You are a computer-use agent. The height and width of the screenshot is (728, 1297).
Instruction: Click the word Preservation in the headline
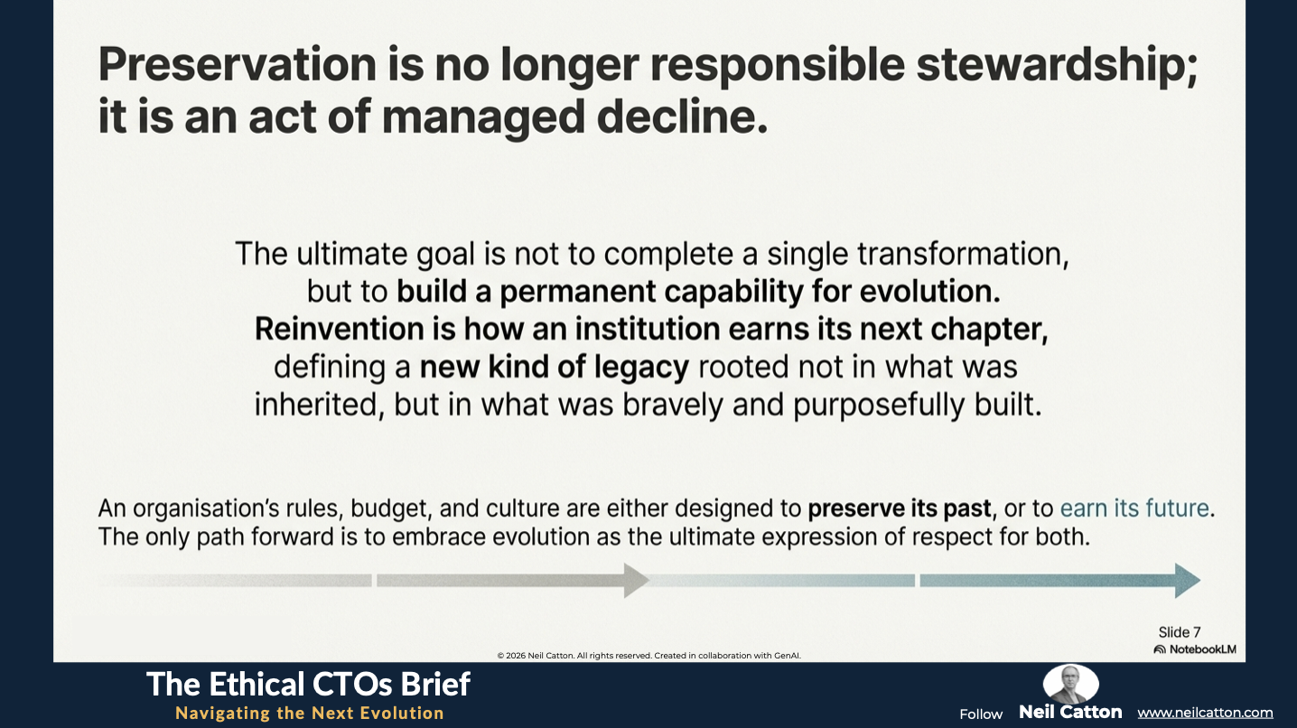pos(238,64)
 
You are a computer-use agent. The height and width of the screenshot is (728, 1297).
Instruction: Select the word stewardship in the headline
pos(1057,66)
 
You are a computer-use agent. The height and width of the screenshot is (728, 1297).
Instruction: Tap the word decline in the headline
pos(682,117)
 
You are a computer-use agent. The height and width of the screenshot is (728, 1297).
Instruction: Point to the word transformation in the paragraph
pos(963,254)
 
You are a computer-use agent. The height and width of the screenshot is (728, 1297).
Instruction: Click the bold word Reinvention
pos(339,329)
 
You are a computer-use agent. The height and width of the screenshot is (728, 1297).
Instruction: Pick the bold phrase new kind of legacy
pos(555,368)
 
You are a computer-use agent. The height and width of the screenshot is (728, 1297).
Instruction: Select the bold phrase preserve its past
pos(900,509)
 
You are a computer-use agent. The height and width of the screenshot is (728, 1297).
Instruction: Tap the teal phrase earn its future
pos(1134,508)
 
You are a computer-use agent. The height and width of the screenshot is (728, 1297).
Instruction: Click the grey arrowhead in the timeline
pos(636,580)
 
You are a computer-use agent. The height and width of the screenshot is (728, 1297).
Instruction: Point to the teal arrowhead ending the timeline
pos(1188,580)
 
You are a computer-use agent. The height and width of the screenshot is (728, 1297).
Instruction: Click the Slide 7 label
pos(1180,632)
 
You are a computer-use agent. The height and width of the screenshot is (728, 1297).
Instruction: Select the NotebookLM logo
pos(1195,649)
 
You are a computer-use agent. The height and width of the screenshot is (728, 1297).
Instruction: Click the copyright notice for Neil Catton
pos(649,656)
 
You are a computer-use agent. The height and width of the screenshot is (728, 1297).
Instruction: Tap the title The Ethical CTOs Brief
pos(308,684)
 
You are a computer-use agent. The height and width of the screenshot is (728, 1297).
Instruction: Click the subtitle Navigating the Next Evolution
pos(310,713)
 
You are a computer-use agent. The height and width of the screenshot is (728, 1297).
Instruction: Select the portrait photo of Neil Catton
pos(1070,684)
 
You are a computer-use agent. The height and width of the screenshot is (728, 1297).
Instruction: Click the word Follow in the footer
pos(981,714)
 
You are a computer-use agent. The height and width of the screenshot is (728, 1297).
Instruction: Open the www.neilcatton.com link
pos(1205,713)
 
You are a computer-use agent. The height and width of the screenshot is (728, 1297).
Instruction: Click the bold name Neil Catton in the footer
pos(1070,712)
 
